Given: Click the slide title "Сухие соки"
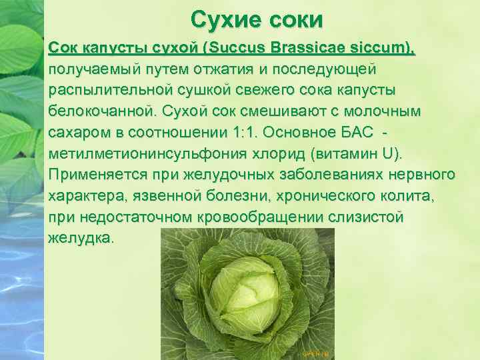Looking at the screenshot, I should click(257, 19).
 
